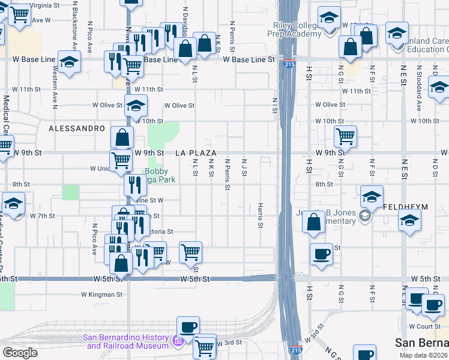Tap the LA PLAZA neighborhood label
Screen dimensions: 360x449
(196, 154)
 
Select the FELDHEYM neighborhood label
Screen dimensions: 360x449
(406, 207)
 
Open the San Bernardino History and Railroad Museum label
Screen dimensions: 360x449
(127, 341)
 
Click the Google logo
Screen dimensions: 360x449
(20, 353)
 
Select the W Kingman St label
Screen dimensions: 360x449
(102, 295)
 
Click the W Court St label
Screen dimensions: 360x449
(424, 326)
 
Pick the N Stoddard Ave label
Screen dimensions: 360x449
(418, 93)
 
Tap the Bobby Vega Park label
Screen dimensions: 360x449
(160, 175)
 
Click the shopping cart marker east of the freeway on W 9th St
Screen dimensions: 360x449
(345, 137)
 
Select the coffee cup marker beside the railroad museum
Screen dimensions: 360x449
(188, 327)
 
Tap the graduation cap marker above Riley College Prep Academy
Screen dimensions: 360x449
(328, 18)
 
